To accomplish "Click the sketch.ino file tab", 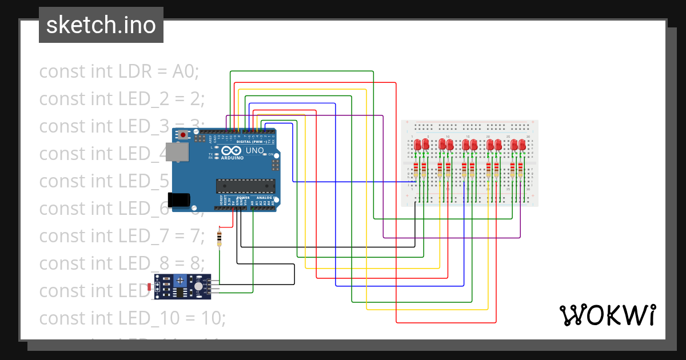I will point(101,25).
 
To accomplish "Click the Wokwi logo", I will point(607,315).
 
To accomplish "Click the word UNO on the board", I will point(254,151).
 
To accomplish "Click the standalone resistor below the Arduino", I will point(219,237).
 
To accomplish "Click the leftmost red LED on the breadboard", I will point(418,145).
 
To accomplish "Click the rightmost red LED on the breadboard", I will point(522,145).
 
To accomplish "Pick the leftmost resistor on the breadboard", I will point(416,170).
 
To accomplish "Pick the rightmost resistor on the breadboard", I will point(520,170).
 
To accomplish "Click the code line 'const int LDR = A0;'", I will point(118,71).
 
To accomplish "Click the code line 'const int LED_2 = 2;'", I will point(122,99).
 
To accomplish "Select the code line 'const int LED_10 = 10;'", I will point(132,318).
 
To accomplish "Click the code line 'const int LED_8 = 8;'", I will point(122,263).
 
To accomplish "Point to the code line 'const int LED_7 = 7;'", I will point(122,235).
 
